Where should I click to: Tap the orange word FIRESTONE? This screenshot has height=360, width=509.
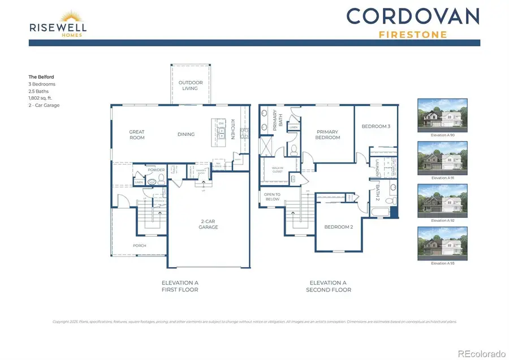412,35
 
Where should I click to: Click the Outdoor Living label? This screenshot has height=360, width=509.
191,85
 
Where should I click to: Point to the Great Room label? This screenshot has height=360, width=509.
137,135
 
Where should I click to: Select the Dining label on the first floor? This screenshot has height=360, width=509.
186,134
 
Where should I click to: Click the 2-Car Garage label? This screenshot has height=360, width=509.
208,225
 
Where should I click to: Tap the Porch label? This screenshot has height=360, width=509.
139,246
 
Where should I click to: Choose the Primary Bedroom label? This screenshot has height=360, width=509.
328,135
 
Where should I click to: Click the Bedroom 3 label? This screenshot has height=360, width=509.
376,126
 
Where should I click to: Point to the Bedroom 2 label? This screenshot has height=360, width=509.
338,227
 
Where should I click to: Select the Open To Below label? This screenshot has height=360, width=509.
272,197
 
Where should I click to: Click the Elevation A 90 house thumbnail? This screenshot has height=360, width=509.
442,115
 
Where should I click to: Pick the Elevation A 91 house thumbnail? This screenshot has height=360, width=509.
442,158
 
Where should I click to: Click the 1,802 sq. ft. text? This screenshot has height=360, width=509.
41,98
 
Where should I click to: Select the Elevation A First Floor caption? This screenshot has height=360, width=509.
180,286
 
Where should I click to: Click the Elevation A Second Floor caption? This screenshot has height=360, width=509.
328,286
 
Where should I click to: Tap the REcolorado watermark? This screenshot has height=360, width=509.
481,354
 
